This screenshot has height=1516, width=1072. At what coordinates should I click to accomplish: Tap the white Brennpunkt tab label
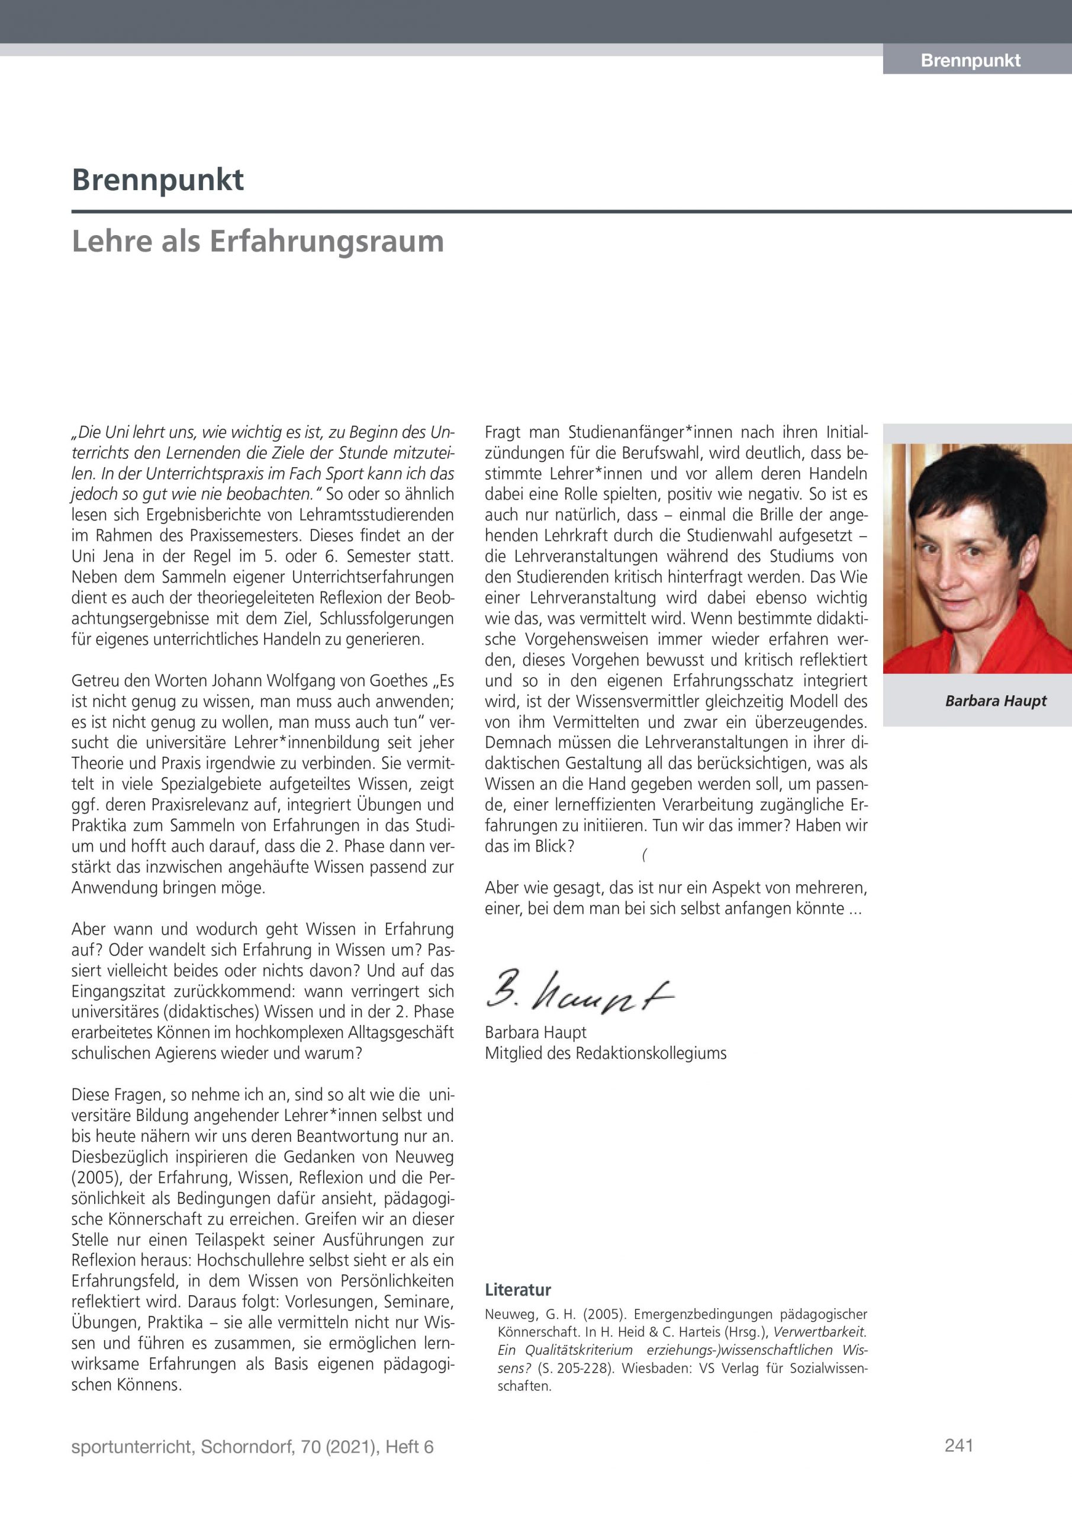pyautogui.click(x=970, y=61)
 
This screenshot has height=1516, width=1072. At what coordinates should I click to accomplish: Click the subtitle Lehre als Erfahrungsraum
pyautogui.click(x=257, y=241)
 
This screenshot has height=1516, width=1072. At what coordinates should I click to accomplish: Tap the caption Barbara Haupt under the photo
pyautogui.click(x=996, y=701)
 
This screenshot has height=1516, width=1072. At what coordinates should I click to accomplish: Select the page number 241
pyautogui.click(x=958, y=1446)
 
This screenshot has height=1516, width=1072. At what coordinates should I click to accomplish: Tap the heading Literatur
pyautogui.click(x=517, y=1290)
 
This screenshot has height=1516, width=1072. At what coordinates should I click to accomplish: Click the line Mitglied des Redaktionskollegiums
pyautogui.click(x=606, y=1053)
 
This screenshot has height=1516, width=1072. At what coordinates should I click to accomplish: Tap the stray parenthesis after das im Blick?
pyautogui.click(x=643, y=856)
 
